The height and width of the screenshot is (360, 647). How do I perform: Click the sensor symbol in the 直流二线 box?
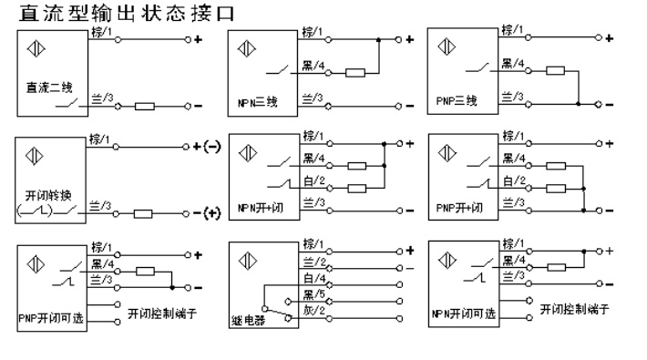[x=36, y=49]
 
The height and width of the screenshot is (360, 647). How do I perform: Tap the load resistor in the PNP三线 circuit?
[x=553, y=72]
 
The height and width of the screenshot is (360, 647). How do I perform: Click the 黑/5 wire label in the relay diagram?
[x=314, y=293]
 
